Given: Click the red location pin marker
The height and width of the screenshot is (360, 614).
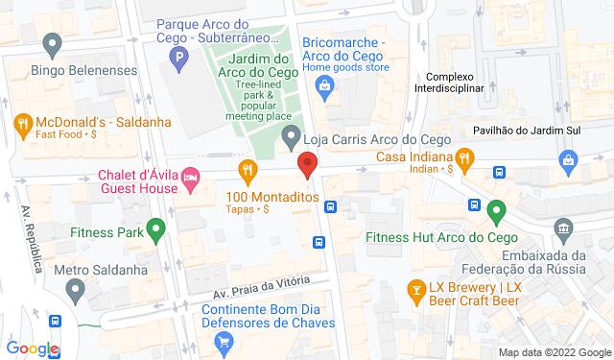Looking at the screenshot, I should (x=307, y=164).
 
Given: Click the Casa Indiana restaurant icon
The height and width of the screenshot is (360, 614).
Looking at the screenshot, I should (x=464, y=157).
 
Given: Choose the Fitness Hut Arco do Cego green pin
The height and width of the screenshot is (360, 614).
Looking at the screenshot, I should (x=496, y=208).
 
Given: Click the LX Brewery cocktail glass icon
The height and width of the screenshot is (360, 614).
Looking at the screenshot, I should (x=416, y=287).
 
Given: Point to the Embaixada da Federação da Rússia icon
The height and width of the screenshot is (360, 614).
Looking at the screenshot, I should (x=563, y=228).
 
